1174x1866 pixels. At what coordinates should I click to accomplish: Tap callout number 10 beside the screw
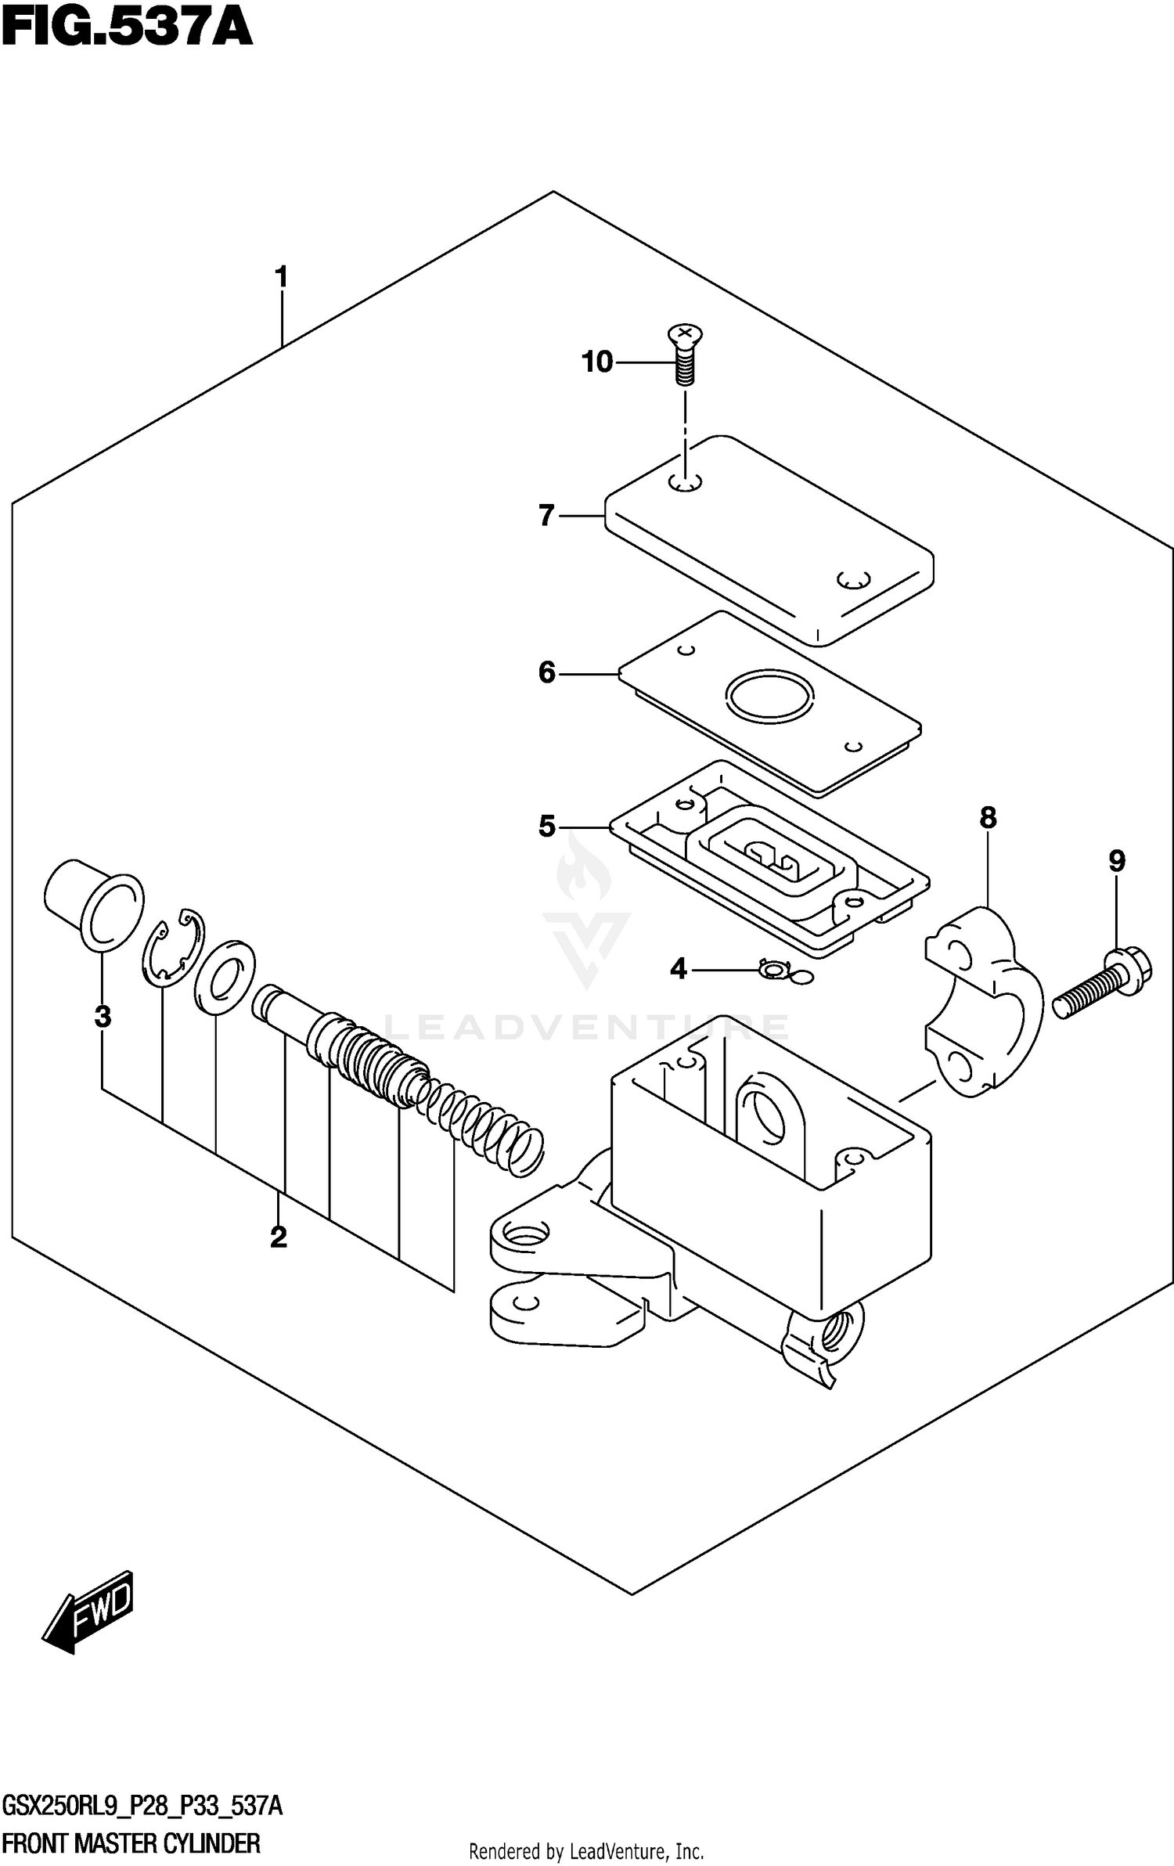597,362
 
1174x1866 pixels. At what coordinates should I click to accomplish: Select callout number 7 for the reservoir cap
546,516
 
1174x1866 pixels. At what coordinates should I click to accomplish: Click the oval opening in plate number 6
770,696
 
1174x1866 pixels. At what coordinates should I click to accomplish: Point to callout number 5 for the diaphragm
546,827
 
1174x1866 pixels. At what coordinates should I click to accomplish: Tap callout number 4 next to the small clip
678,970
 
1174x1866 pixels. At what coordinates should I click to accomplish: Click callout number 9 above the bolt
1117,862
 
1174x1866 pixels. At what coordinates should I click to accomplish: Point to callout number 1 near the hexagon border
281,278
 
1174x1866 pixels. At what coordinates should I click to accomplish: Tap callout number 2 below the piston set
278,1237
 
